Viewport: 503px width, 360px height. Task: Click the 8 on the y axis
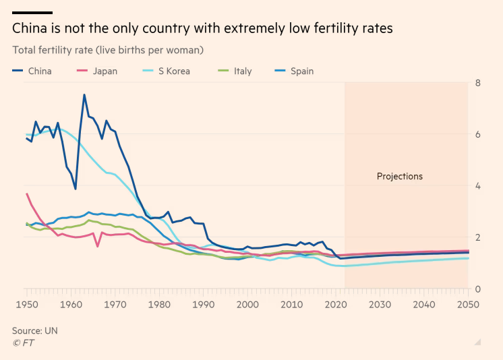[x=477, y=83]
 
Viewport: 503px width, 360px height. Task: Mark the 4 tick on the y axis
[x=477, y=186]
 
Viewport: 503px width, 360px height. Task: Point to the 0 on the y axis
[x=477, y=289]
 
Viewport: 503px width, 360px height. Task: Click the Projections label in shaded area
[x=399, y=177]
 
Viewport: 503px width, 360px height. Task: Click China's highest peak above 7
[x=84, y=95]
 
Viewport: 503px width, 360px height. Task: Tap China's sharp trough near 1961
[x=76, y=189]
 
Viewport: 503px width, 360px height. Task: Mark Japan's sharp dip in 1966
[x=98, y=246]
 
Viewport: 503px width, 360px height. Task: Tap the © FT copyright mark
[x=23, y=342]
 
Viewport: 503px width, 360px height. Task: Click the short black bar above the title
[x=32, y=13]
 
